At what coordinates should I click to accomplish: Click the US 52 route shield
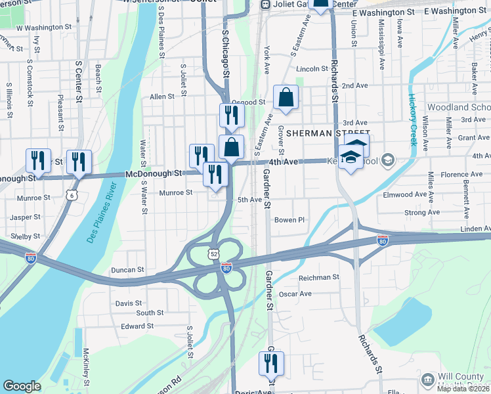[215, 253]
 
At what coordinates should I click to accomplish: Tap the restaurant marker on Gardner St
[271, 363]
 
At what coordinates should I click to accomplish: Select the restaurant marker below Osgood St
[231, 116]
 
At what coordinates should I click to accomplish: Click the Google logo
[22, 385]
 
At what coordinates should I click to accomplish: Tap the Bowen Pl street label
[290, 220]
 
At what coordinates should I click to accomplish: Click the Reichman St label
[318, 277]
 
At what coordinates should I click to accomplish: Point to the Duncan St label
[127, 269]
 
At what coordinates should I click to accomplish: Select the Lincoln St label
[312, 68]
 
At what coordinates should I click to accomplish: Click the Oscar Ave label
[295, 294]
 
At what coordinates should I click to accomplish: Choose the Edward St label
[137, 325]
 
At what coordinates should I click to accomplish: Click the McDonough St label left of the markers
[154, 173]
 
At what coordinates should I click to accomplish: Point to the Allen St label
[162, 97]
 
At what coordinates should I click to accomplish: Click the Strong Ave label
[422, 212]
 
